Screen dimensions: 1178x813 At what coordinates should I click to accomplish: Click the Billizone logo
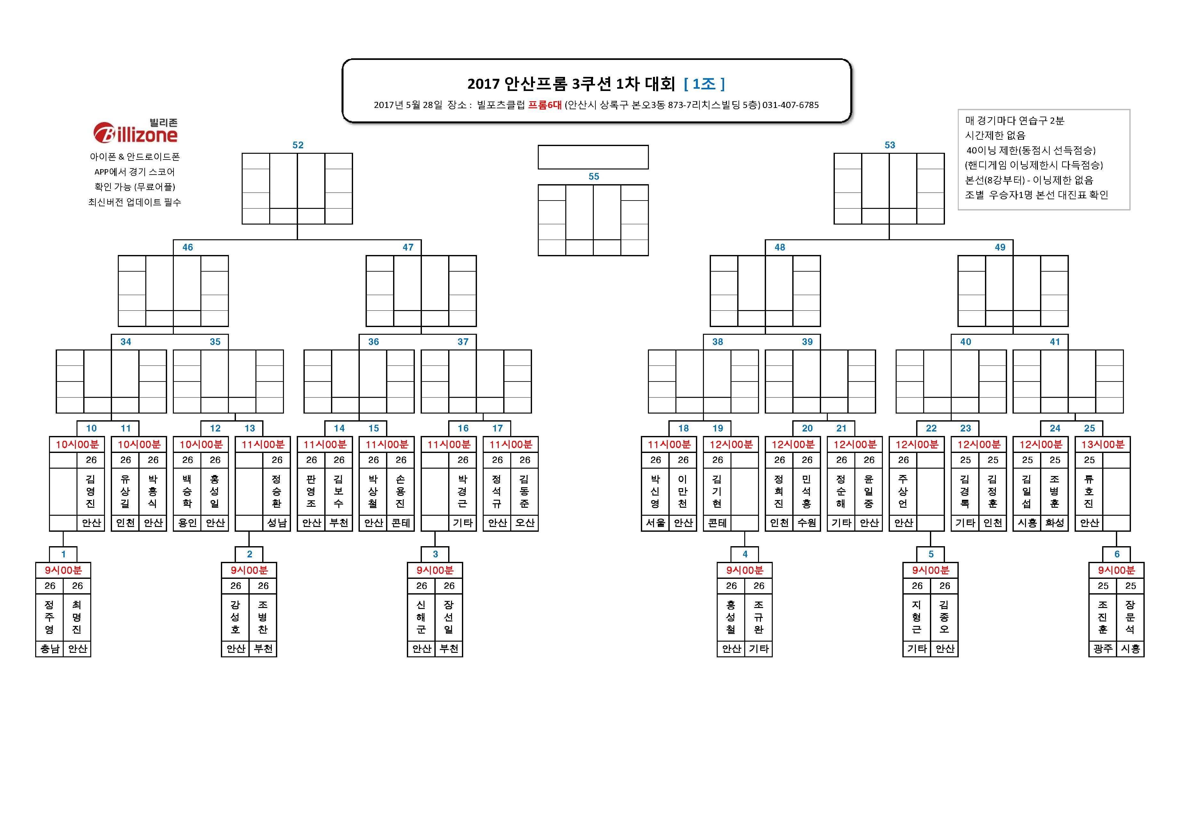tap(135, 131)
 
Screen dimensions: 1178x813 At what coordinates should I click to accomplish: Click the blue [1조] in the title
tap(705, 84)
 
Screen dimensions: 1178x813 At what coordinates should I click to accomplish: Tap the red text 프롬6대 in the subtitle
tap(545, 105)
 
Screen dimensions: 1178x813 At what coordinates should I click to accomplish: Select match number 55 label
tap(593, 176)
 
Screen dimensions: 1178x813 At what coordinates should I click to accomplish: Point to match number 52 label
tap(298, 145)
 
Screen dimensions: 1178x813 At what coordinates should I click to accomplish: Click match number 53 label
tap(890, 145)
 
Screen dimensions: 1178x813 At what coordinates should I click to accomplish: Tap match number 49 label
tap(1000, 247)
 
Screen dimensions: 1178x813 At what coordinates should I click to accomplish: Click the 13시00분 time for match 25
tap(1103, 444)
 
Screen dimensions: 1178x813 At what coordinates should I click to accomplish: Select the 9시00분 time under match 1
tap(63, 570)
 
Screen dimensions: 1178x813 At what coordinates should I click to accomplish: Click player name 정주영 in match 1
tap(49, 617)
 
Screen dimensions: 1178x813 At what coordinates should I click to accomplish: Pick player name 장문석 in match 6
tap(1130, 617)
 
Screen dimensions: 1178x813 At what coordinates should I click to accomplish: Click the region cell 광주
tap(1103, 648)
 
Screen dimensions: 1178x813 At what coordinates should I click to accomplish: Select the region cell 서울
tap(655, 523)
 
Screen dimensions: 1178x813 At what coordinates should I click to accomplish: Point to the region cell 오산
tap(525, 523)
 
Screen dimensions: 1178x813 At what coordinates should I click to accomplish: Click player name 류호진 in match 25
tap(1089, 491)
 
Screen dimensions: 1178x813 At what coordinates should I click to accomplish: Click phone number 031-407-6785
tap(791, 105)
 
